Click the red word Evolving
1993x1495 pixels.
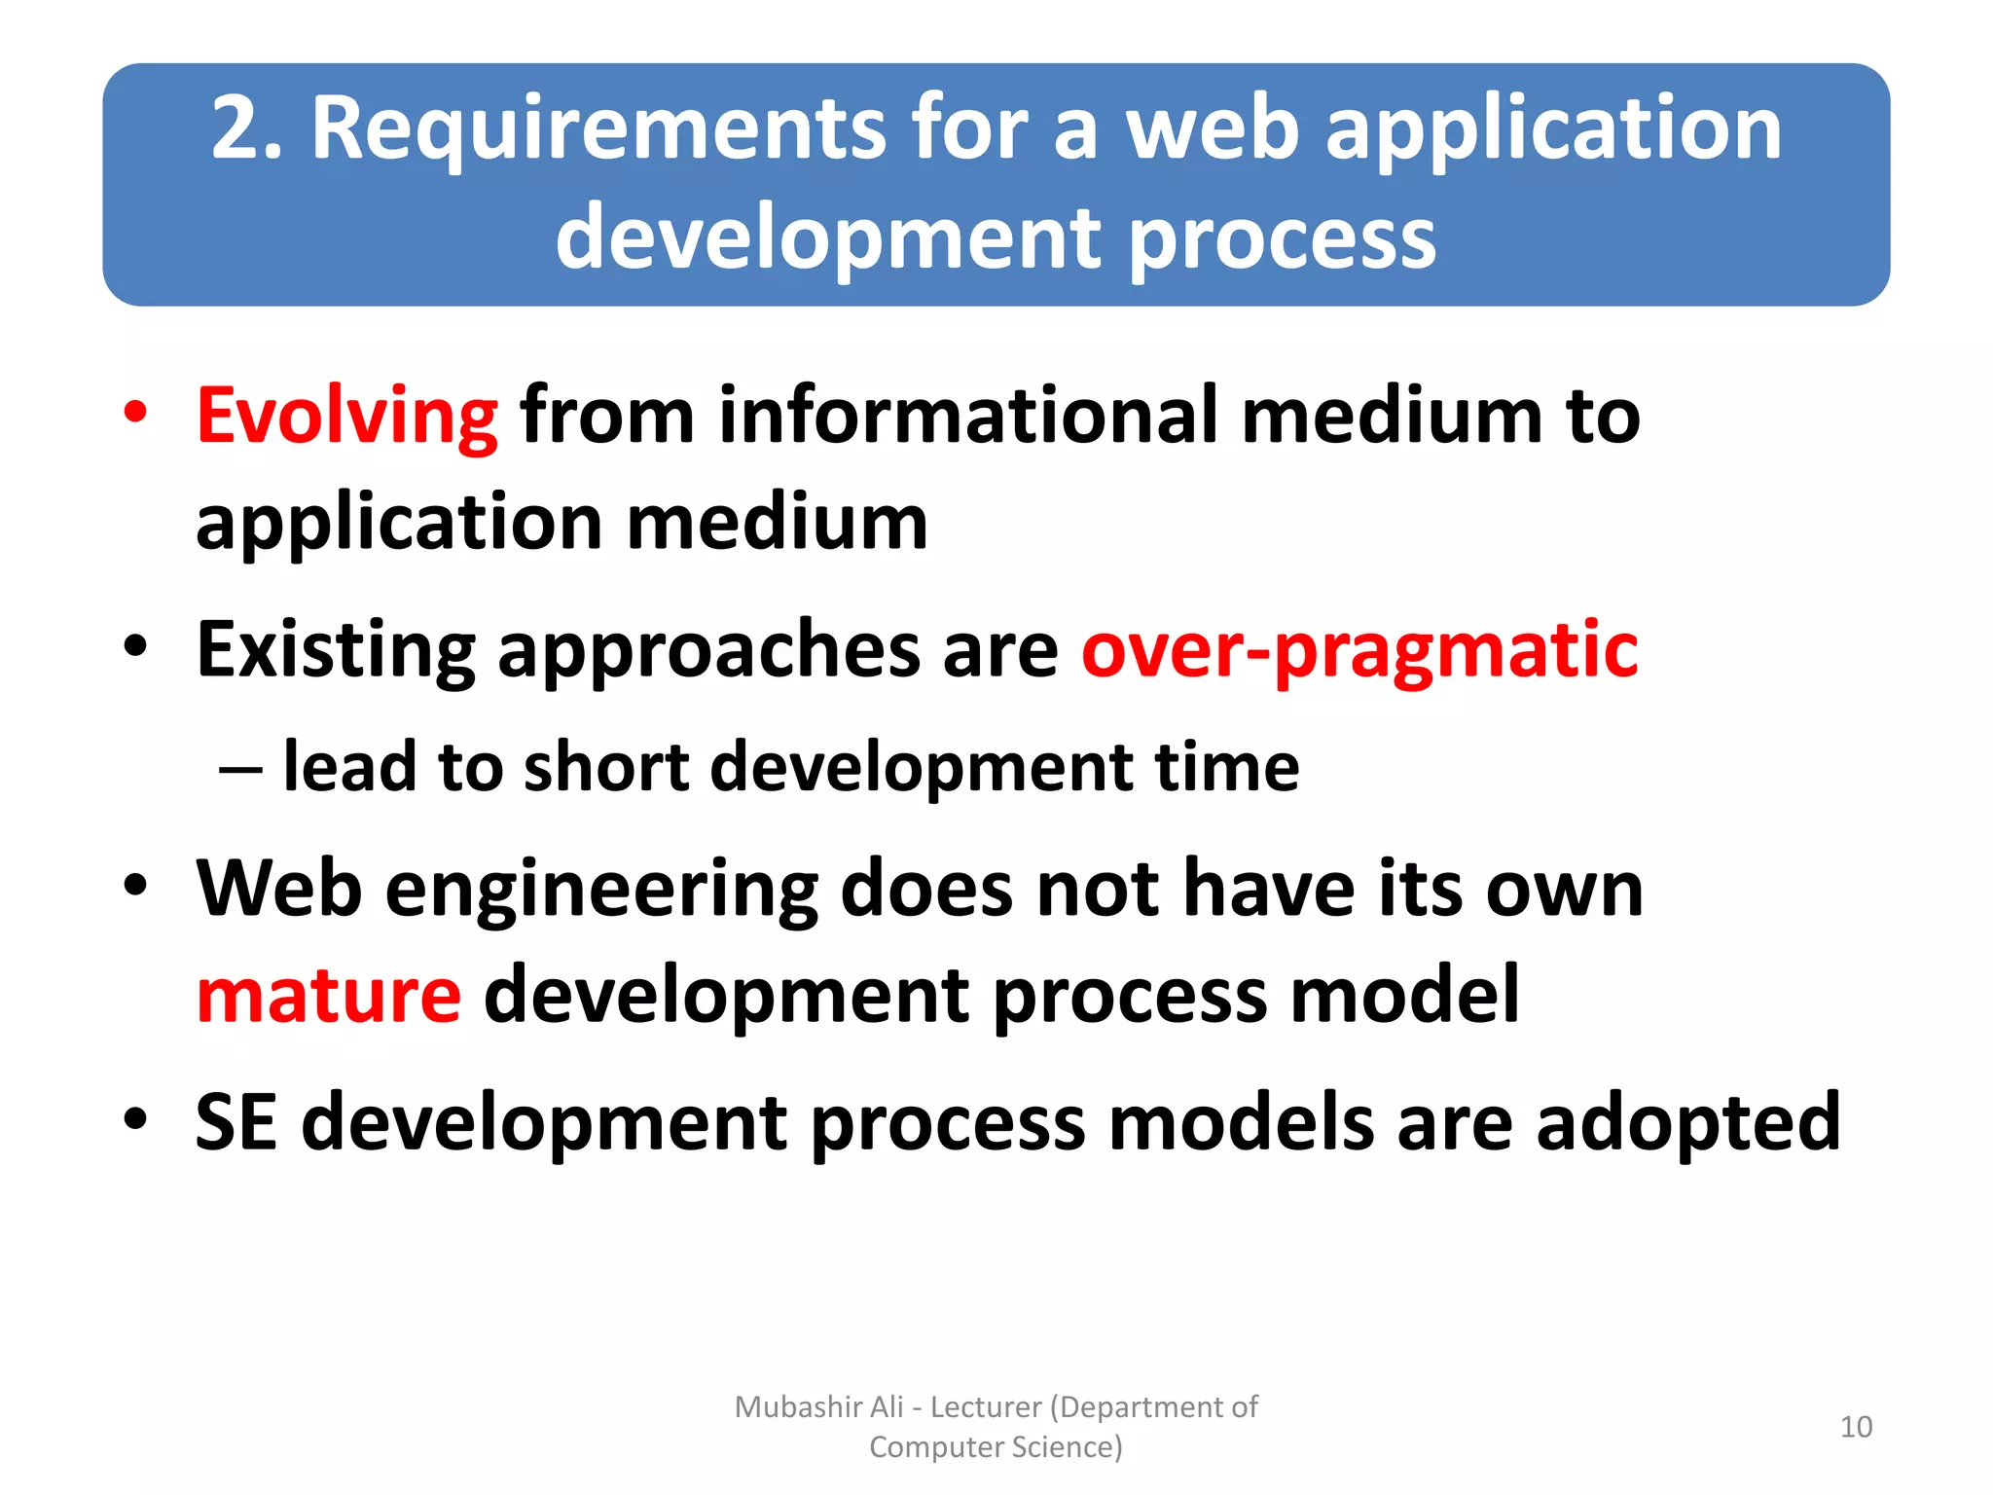346,416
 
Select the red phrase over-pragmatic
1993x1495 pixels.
1359,650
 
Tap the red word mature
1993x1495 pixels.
328,995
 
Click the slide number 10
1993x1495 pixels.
1856,1427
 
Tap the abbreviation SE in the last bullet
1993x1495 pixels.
236,1122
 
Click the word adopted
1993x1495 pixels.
1688,1122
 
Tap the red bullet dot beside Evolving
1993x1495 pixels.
135,412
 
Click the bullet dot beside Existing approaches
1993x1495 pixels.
135,646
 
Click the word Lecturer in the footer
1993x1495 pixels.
985,1407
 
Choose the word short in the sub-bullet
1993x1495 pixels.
606,767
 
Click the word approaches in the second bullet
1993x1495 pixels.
708,650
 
